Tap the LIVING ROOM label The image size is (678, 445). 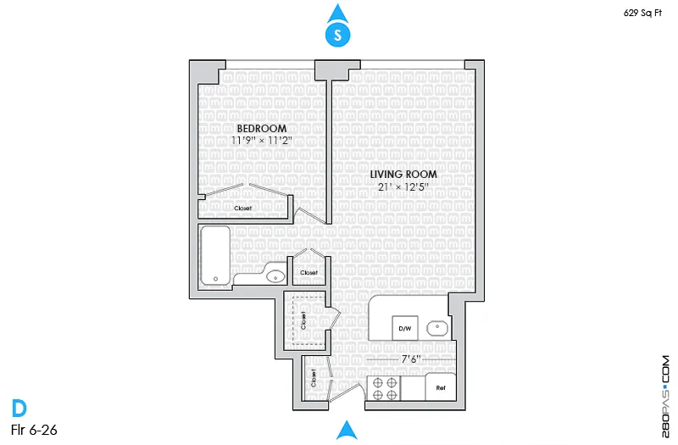(x=403, y=174)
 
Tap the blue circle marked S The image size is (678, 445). (x=338, y=35)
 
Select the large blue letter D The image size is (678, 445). (x=19, y=409)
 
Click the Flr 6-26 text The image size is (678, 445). (x=34, y=431)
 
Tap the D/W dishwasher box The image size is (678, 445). (x=404, y=327)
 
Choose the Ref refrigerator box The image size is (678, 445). (x=440, y=387)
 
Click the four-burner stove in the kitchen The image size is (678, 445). (x=384, y=388)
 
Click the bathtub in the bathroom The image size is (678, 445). (x=216, y=254)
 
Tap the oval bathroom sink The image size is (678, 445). (x=275, y=275)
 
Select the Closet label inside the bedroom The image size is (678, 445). (x=243, y=206)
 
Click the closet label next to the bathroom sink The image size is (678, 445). (x=308, y=272)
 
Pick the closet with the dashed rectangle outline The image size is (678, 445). (x=304, y=320)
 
